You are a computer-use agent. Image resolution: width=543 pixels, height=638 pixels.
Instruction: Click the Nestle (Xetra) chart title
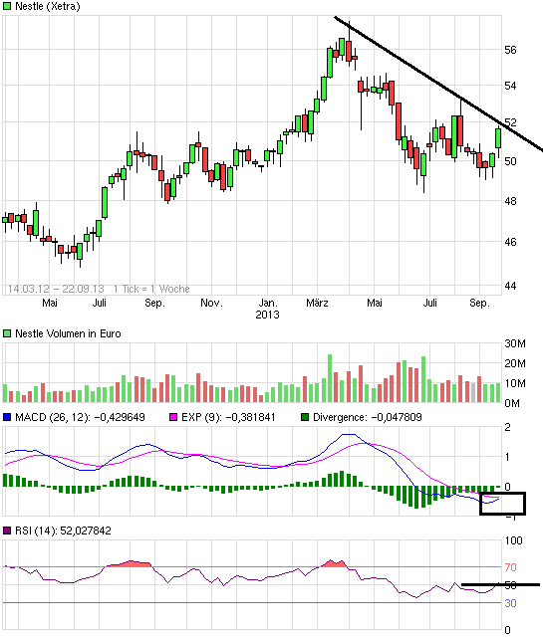pos(48,6)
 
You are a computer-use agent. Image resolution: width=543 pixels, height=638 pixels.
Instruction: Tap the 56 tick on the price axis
pos(509,50)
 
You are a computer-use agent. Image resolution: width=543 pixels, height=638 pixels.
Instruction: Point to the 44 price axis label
pos(509,286)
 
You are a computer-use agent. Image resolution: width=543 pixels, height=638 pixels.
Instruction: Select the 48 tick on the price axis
pos(509,201)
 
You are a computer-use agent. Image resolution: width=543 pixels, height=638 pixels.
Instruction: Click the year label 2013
pos(267,314)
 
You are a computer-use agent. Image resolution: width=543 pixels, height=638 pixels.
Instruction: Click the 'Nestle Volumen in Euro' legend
pos(67,333)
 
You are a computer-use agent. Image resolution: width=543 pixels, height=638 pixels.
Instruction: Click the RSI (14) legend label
pos(62,531)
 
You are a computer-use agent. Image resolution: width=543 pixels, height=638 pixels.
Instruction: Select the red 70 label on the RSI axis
pos(509,566)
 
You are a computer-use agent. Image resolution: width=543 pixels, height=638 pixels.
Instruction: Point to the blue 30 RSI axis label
pos(509,603)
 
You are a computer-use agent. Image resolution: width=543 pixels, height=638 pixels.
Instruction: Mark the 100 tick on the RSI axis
pos(513,541)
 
